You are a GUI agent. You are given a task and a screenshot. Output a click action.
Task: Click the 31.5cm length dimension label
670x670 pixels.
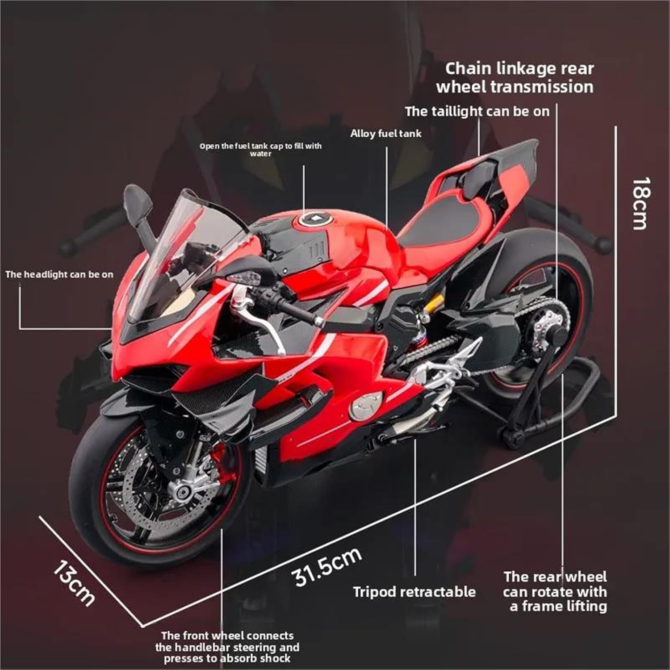point(328,566)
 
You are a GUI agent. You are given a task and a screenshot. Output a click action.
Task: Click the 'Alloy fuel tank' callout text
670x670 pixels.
point(385,133)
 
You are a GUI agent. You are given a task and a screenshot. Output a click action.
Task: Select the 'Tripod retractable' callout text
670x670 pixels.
point(414,592)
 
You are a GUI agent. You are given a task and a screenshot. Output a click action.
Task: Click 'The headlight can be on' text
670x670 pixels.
point(59,274)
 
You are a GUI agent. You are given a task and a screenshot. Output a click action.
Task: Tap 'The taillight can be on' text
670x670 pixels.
point(477,111)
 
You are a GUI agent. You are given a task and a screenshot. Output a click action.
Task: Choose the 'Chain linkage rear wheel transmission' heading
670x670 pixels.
point(515,78)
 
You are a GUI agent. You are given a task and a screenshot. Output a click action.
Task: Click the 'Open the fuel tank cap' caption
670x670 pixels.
point(260,150)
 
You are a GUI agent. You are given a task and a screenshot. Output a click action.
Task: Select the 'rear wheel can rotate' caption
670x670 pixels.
point(555,591)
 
